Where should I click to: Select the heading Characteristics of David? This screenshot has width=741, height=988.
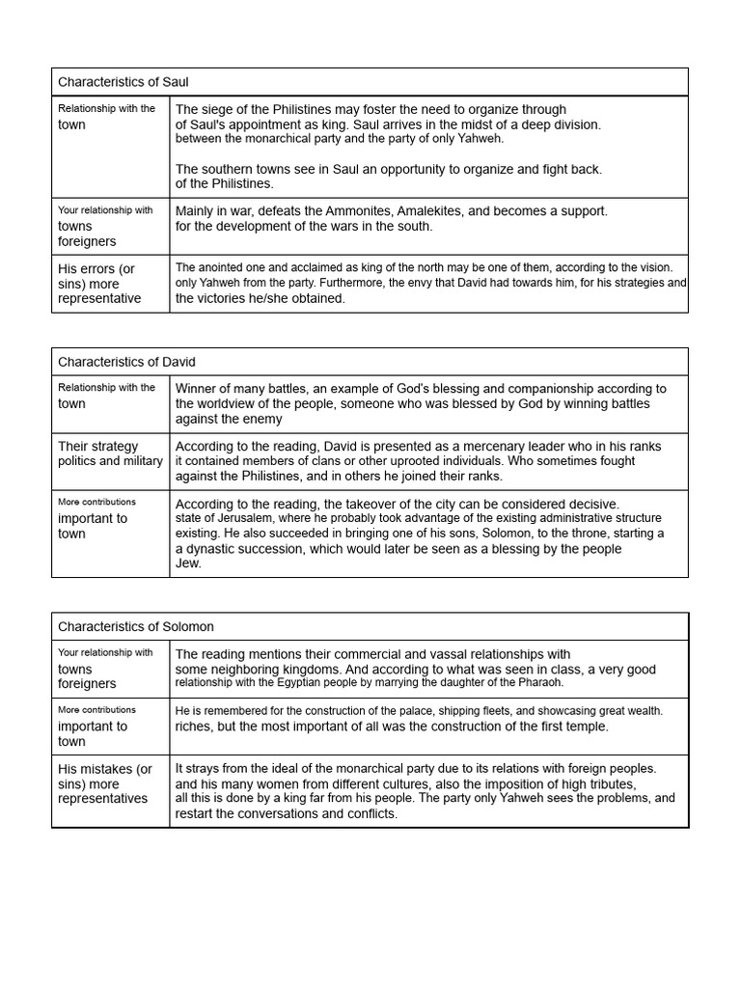126,362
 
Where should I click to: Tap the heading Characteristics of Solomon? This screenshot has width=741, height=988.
136,626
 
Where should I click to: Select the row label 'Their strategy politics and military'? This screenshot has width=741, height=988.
110,453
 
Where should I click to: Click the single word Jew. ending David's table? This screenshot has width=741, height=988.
188,563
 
